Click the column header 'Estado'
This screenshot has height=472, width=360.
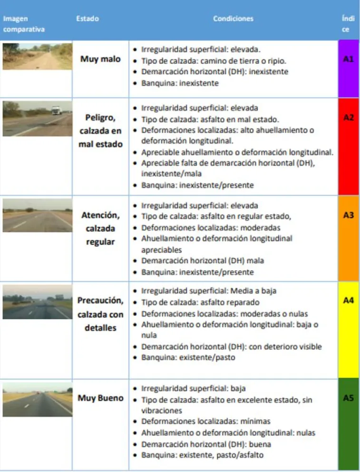pyautogui.click(x=88, y=19)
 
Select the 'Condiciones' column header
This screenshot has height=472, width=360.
pyautogui.click(x=233, y=19)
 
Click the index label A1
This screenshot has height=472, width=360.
pyautogui.click(x=349, y=59)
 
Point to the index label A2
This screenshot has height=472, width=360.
pyautogui.click(x=349, y=118)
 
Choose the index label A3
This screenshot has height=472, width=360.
pyautogui.click(x=349, y=215)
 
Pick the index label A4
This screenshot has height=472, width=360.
pyautogui.click(x=349, y=300)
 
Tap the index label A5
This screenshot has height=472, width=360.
pyautogui.click(x=349, y=398)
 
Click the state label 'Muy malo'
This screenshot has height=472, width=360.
pyautogui.click(x=100, y=59)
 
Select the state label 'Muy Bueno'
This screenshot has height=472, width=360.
pyautogui.click(x=100, y=398)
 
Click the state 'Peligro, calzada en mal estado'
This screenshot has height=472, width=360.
pyautogui.click(x=100, y=130)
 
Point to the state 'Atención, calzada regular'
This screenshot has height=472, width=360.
pyautogui.click(x=100, y=228)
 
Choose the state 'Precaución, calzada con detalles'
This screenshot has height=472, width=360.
pyautogui.click(x=100, y=315)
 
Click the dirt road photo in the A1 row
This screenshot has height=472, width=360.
pyautogui.click(x=37, y=57)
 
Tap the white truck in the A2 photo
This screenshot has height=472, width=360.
pyautogui.click(x=56, y=110)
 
